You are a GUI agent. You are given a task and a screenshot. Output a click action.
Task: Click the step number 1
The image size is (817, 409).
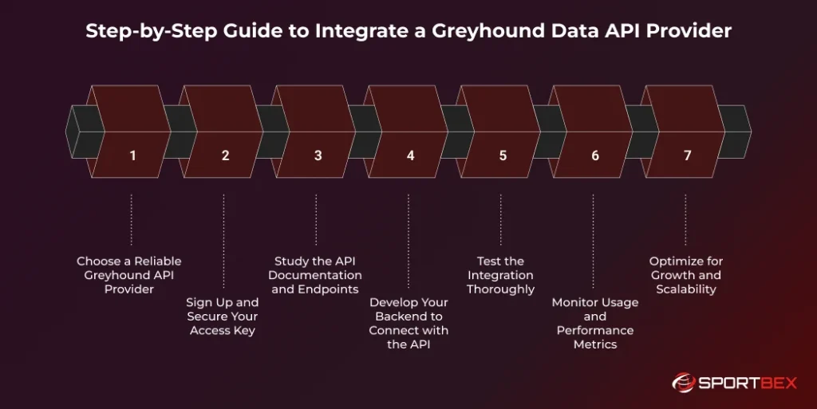coord(132,155)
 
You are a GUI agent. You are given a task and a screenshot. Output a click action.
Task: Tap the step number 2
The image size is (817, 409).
coord(225,155)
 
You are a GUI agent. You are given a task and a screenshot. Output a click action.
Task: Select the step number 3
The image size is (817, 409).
coord(318,155)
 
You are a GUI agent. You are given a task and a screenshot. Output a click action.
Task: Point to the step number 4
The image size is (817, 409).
coord(410,155)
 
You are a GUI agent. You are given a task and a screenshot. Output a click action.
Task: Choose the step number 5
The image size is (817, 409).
coord(503,155)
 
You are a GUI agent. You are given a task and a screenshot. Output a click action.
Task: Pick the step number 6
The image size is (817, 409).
coord(595,155)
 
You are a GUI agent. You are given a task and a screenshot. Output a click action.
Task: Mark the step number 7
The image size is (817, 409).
coord(688,155)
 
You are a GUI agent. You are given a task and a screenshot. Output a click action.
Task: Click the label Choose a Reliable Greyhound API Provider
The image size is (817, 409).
coord(129,275)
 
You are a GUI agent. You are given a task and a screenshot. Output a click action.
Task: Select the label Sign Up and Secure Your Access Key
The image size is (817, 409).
coord(223,317)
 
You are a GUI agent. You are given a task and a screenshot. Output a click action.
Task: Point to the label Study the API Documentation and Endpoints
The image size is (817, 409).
coord(316,275)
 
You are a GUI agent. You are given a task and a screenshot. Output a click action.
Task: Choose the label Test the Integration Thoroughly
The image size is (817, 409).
coord(501,275)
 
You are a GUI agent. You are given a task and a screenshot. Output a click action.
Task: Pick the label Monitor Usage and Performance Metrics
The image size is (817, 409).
coord(594,324)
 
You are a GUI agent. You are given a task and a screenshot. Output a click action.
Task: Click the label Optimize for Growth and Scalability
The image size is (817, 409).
coord(686,275)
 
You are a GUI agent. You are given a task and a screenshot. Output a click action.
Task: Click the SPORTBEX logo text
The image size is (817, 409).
coord(748,383)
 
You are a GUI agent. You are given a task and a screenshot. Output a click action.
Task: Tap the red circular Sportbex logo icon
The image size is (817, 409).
coord(684,383)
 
